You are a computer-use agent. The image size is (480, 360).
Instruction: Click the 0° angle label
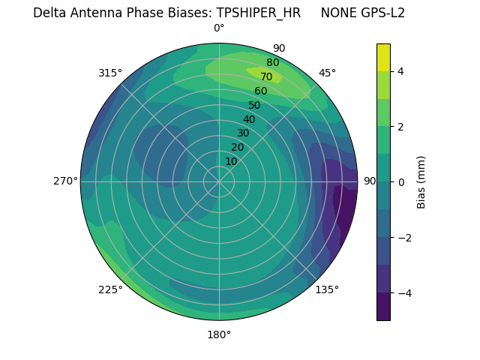click(x=219, y=28)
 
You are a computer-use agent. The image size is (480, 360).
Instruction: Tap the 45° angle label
click(x=327, y=73)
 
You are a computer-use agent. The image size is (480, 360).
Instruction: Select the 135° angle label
click(x=327, y=289)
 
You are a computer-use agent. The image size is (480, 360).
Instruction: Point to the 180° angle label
click(x=219, y=334)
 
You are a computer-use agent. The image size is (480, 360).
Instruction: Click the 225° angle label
click(x=110, y=290)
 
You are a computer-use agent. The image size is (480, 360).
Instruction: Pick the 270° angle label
click(x=65, y=181)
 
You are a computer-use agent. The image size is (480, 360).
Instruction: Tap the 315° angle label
click(x=110, y=73)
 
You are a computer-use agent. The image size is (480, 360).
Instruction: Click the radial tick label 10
click(x=231, y=161)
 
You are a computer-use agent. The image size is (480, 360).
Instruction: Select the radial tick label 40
click(x=249, y=119)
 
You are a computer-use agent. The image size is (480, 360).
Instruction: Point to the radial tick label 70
click(x=266, y=76)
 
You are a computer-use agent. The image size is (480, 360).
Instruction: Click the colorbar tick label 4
click(x=401, y=71)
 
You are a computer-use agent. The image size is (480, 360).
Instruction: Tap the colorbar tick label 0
click(x=401, y=182)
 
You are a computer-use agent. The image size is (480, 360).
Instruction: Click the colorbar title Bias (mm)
click(x=421, y=182)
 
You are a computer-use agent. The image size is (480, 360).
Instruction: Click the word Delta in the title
click(x=49, y=13)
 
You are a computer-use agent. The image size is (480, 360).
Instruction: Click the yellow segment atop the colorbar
click(x=383, y=57)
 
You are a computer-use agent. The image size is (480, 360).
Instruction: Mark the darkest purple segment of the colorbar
click(x=383, y=307)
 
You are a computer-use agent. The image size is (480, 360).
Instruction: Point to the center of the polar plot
click(x=219, y=181)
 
